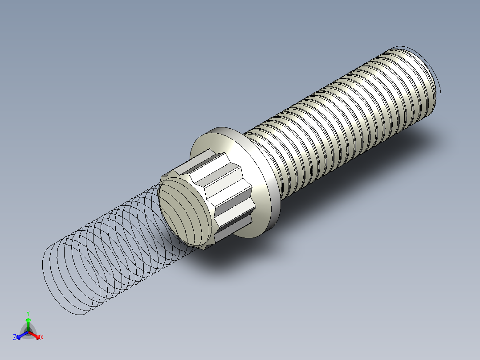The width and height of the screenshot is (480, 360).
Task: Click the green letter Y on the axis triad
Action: (x=28, y=313)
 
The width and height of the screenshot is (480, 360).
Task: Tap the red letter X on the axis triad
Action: (x=42, y=338)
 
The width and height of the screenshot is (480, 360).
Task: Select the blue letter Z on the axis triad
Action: (x=15, y=338)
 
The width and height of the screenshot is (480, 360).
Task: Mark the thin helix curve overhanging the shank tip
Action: (x=438, y=80)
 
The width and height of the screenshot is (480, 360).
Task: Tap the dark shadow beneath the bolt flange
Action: (x=232, y=258)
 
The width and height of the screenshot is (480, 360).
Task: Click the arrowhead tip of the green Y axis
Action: (x=28, y=319)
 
